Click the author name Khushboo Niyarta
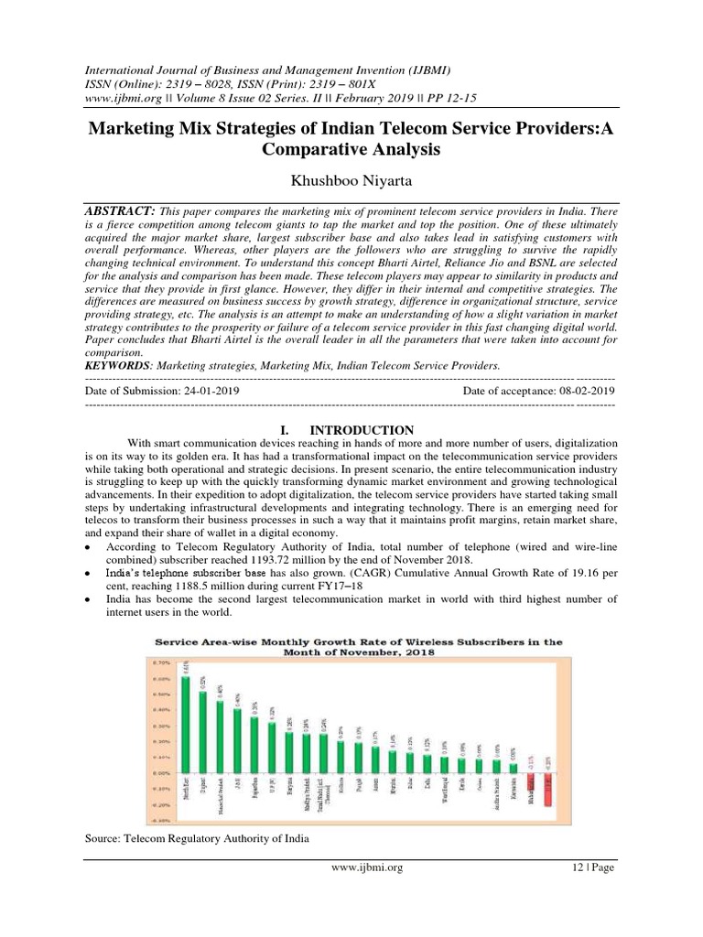coord(351,183)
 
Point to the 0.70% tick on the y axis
coord(161,662)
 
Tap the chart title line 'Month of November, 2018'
coord(358,652)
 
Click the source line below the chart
coord(196,838)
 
